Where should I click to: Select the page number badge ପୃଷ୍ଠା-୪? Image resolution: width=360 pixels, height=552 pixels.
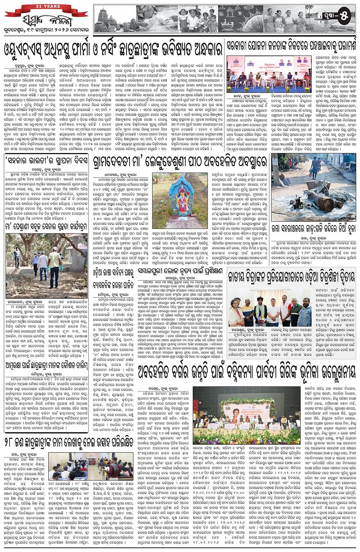click(335, 16)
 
